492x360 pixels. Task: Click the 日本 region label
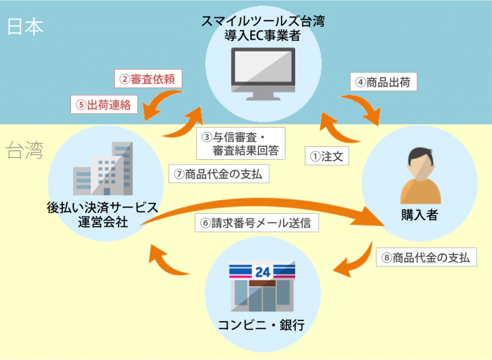[25, 27]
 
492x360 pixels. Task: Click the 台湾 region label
[25, 150]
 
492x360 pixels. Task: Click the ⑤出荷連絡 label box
[105, 105]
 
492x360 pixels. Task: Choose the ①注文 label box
[327, 156]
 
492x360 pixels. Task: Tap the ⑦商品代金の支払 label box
[219, 174]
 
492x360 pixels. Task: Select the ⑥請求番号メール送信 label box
[259, 223]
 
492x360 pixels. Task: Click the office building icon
[102, 169]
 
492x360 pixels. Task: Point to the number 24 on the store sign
[262, 272]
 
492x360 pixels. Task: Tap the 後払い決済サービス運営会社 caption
[103, 214]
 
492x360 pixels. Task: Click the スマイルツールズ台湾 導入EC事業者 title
[263, 29]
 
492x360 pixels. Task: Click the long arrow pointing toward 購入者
[273, 205]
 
